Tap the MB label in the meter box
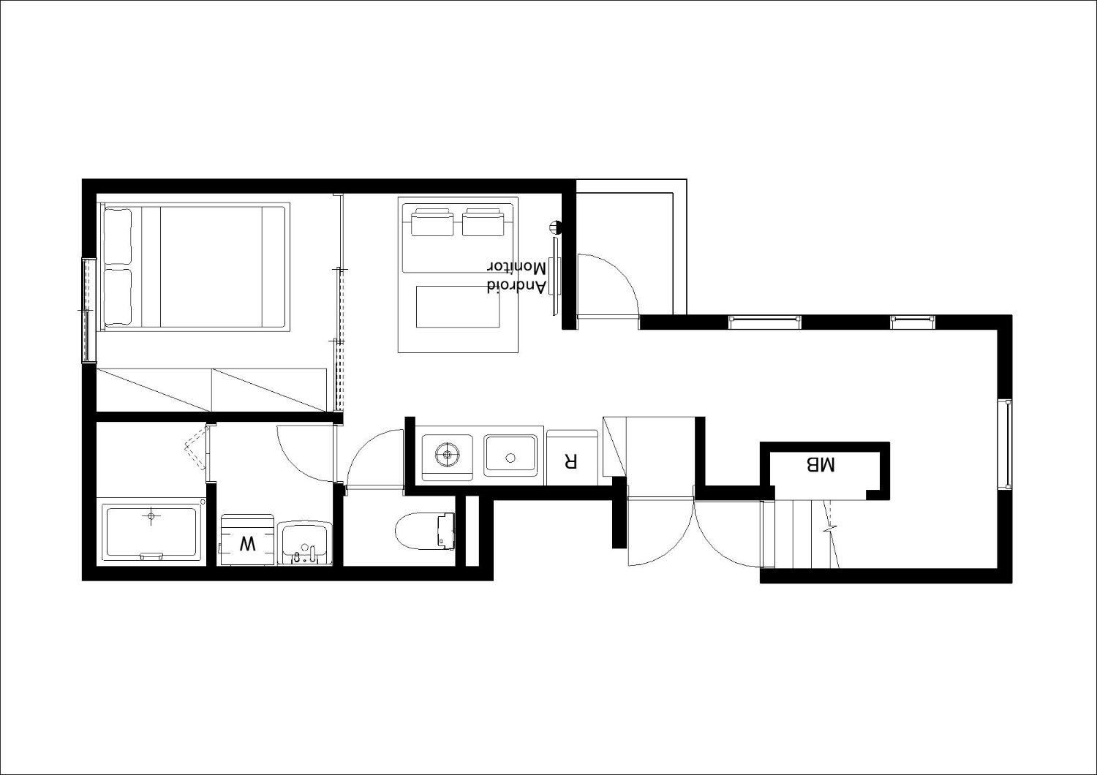820,464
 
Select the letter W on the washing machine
247,543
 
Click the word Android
516,286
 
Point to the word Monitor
516,268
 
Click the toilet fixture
424,532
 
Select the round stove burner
447,454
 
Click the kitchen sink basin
510,455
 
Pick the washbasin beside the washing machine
305,543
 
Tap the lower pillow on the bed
118,296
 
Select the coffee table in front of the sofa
458,306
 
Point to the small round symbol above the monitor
555,227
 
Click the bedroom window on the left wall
88,310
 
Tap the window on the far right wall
1007,445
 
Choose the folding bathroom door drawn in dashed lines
197,448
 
